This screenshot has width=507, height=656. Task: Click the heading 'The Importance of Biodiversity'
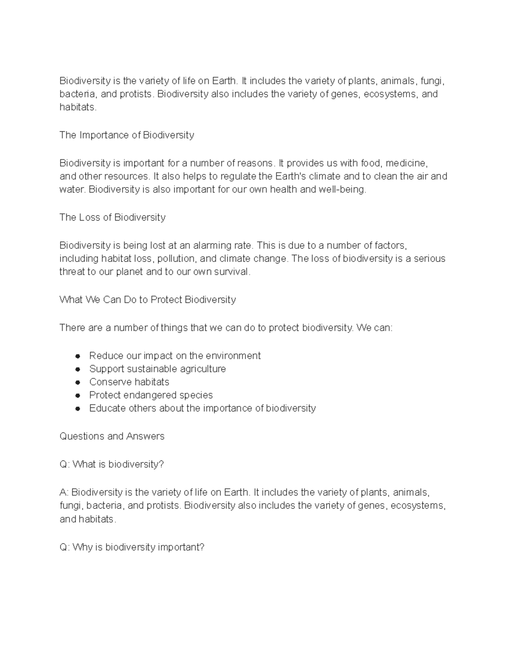(x=127, y=135)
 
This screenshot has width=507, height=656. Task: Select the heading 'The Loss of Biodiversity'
(x=112, y=218)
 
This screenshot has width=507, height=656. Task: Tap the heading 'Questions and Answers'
(x=112, y=436)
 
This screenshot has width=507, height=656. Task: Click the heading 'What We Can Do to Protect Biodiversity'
(x=147, y=300)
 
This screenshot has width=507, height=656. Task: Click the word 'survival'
(x=232, y=272)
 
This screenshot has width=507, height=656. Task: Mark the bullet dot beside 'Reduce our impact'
(x=78, y=356)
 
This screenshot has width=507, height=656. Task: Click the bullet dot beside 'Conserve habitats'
(x=78, y=382)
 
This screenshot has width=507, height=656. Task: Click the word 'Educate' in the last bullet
(x=107, y=408)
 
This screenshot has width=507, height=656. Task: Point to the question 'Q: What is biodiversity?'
(x=112, y=465)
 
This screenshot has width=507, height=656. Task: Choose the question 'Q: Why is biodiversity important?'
(x=132, y=547)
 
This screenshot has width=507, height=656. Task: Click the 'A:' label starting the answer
(x=64, y=493)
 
